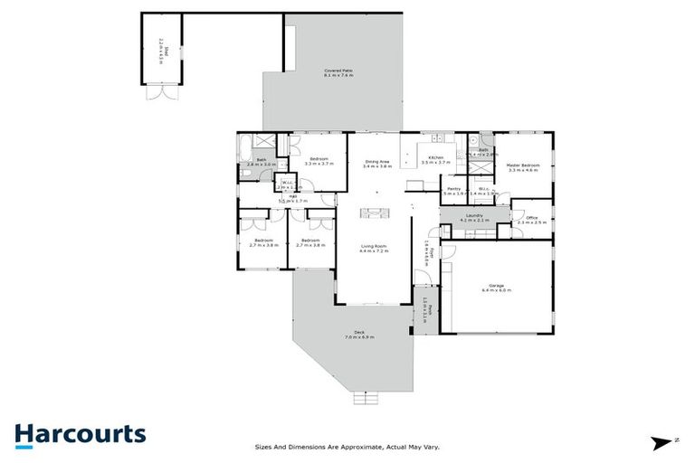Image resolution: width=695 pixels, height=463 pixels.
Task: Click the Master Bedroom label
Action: tap(523, 167)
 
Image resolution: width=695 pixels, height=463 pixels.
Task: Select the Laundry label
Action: tap(474, 217)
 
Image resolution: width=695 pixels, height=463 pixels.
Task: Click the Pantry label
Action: tap(453, 191)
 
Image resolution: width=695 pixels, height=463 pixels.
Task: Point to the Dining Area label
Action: tap(376, 163)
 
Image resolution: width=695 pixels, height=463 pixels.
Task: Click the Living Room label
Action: tap(373, 249)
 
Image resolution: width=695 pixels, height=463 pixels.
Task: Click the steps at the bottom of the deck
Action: tap(366, 397)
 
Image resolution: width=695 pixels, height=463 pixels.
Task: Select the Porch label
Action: tap(422, 312)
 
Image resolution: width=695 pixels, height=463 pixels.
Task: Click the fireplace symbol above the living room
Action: tap(372, 213)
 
